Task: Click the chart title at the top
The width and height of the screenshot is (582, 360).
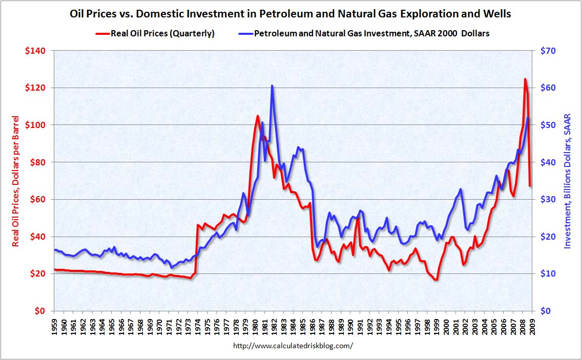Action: (x=290, y=14)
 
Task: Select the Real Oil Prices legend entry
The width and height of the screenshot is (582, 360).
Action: (x=155, y=34)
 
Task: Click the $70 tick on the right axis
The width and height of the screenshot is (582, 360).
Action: (x=545, y=51)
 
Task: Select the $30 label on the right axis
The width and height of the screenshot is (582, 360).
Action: (x=545, y=200)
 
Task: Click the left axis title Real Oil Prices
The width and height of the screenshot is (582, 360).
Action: (x=16, y=180)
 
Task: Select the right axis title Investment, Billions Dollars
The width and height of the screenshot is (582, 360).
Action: (x=568, y=180)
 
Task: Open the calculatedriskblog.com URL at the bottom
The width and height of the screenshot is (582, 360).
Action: (x=293, y=346)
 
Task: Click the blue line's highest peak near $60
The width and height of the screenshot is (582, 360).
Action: (x=273, y=86)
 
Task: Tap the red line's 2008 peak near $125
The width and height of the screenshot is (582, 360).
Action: (x=525, y=79)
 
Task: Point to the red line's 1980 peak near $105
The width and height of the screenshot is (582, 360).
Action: (x=257, y=116)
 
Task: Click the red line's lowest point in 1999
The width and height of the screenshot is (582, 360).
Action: (x=435, y=280)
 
